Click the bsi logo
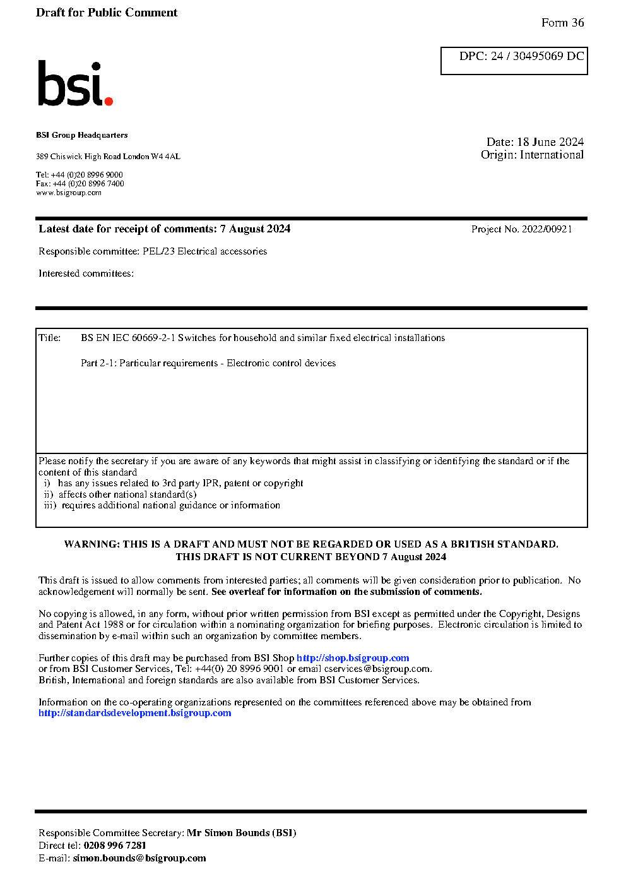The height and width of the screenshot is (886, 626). [74, 83]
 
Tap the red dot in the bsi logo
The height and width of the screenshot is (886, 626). [109, 100]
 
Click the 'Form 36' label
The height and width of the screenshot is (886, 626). [562, 23]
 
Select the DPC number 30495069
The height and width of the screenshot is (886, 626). [538, 56]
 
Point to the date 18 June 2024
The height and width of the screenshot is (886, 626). [550, 142]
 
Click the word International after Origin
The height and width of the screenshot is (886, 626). [552, 155]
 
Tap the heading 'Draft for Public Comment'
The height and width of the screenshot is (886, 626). [107, 13]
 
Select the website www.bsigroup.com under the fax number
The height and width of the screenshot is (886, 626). [69, 193]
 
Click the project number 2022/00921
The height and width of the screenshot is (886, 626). [546, 229]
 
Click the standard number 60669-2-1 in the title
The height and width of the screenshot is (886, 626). [153, 338]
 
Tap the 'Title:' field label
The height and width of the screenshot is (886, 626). [50, 338]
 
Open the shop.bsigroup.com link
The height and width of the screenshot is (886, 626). [353, 658]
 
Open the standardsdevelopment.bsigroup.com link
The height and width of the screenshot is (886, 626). [134, 713]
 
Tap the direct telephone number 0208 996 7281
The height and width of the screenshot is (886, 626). [115, 846]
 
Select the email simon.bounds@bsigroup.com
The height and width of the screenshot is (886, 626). [139, 858]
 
